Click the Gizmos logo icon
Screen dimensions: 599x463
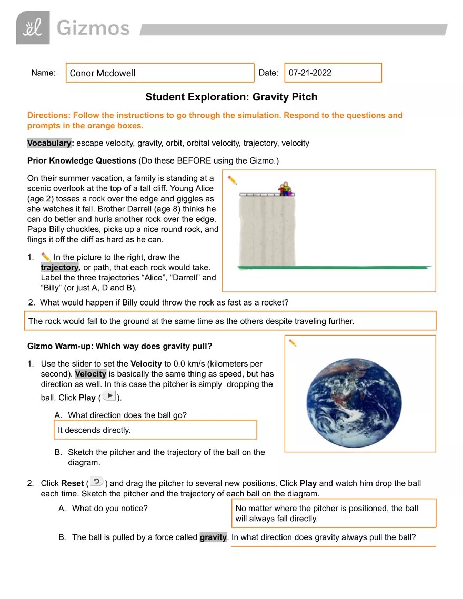(x=33, y=27)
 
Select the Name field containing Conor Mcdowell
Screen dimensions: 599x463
(x=160, y=73)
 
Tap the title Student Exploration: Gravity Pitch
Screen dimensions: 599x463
(x=231, y=97)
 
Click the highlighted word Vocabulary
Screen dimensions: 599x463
(x=49, y=143)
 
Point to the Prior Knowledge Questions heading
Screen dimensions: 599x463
(x=82, y=160)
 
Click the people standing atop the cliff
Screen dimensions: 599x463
(x=285, y=189)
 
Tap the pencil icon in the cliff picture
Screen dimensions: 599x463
(x=232, y=180)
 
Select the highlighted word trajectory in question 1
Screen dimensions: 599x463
(x=59, y=267)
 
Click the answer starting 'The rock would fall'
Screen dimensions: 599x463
(x=191, y=321)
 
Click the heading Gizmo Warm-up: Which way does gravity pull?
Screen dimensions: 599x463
(x=119, y=346)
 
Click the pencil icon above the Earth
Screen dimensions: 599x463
(x=293, y=343)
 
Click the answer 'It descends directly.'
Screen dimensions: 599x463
(x=94, y=430)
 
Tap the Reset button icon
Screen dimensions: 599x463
(x=96, y=482)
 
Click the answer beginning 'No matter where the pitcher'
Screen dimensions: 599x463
(x=327, y=513)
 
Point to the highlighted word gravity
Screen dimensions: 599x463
(x=213, y=537)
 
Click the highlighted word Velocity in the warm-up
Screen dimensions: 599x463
(x=90, y=374)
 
